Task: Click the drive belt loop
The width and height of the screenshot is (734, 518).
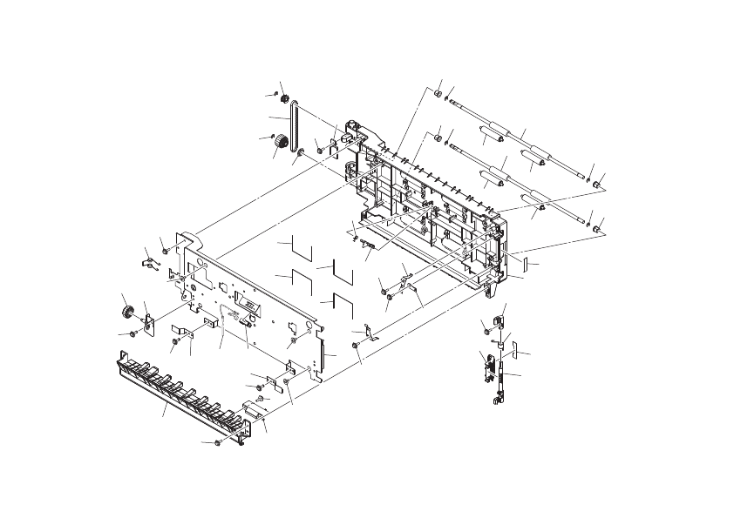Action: [x=295, y=131]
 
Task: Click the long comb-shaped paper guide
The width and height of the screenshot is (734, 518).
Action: [x=183, y=392]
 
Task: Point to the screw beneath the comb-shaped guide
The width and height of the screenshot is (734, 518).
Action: [x=217, y=443]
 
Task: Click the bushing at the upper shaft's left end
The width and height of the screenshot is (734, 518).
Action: [x=438, y=93]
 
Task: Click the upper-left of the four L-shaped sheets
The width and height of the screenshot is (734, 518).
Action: [x=301, y=246]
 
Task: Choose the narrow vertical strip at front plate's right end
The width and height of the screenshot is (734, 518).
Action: [x=322, y=357]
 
